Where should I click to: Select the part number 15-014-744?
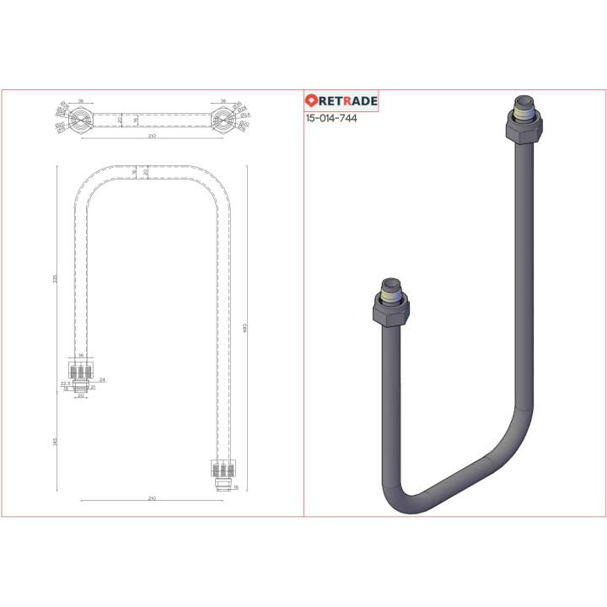pos(331,119)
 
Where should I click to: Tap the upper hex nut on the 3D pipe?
pos(524,131)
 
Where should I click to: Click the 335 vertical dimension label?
pos(55,279)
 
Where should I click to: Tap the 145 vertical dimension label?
pos(55,442)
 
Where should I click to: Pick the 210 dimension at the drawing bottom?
pos(152,498)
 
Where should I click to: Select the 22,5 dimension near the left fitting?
pos(64,383)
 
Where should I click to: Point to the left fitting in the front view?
pos(81,374)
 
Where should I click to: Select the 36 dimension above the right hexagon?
pos(223,101)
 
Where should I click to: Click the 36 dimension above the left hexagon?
pos(81,101)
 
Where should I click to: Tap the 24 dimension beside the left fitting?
pos(102,379)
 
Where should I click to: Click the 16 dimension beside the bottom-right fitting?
pos(236,487)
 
